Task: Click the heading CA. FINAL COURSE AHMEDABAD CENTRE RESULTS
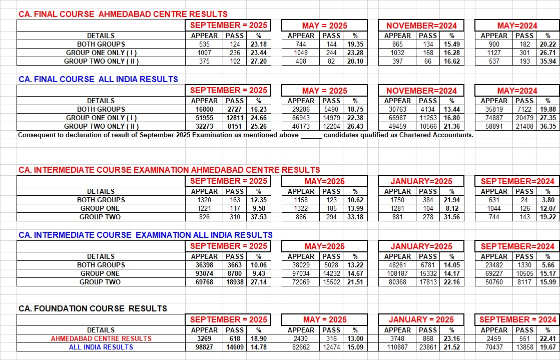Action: [x=123, y=14]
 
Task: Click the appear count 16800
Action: [x=204, y=109]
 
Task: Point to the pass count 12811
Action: [x=233, y=118]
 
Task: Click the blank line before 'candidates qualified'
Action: [x=311, y=135]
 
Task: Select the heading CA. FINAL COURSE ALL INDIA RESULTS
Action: [x=98, y=79]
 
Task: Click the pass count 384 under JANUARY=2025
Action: [x=428, y=200]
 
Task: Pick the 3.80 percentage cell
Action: [x=547, y=200]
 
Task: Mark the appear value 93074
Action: [x=204, y=273]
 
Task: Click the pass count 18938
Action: [x=233, y=282]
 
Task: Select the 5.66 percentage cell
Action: [x=547, y=265]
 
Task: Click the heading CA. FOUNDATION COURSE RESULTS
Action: [x=93, y=308]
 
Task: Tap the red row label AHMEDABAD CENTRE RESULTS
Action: [x=101, y=338]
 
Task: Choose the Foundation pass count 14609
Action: [x=233, y=347]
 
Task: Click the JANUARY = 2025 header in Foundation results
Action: [x=422, y=319]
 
